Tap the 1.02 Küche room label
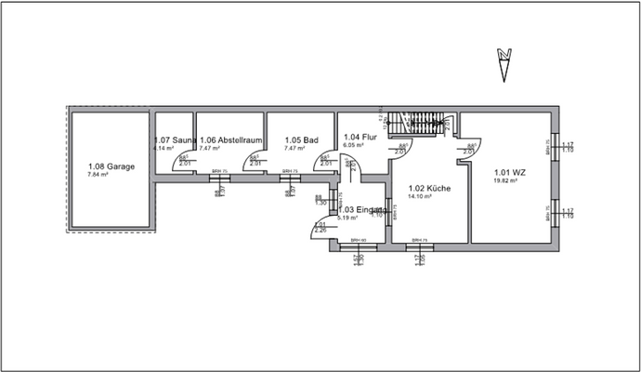(x=429, y=188)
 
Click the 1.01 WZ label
(x=510, y=171)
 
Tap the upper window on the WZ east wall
(x=556, y=145)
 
